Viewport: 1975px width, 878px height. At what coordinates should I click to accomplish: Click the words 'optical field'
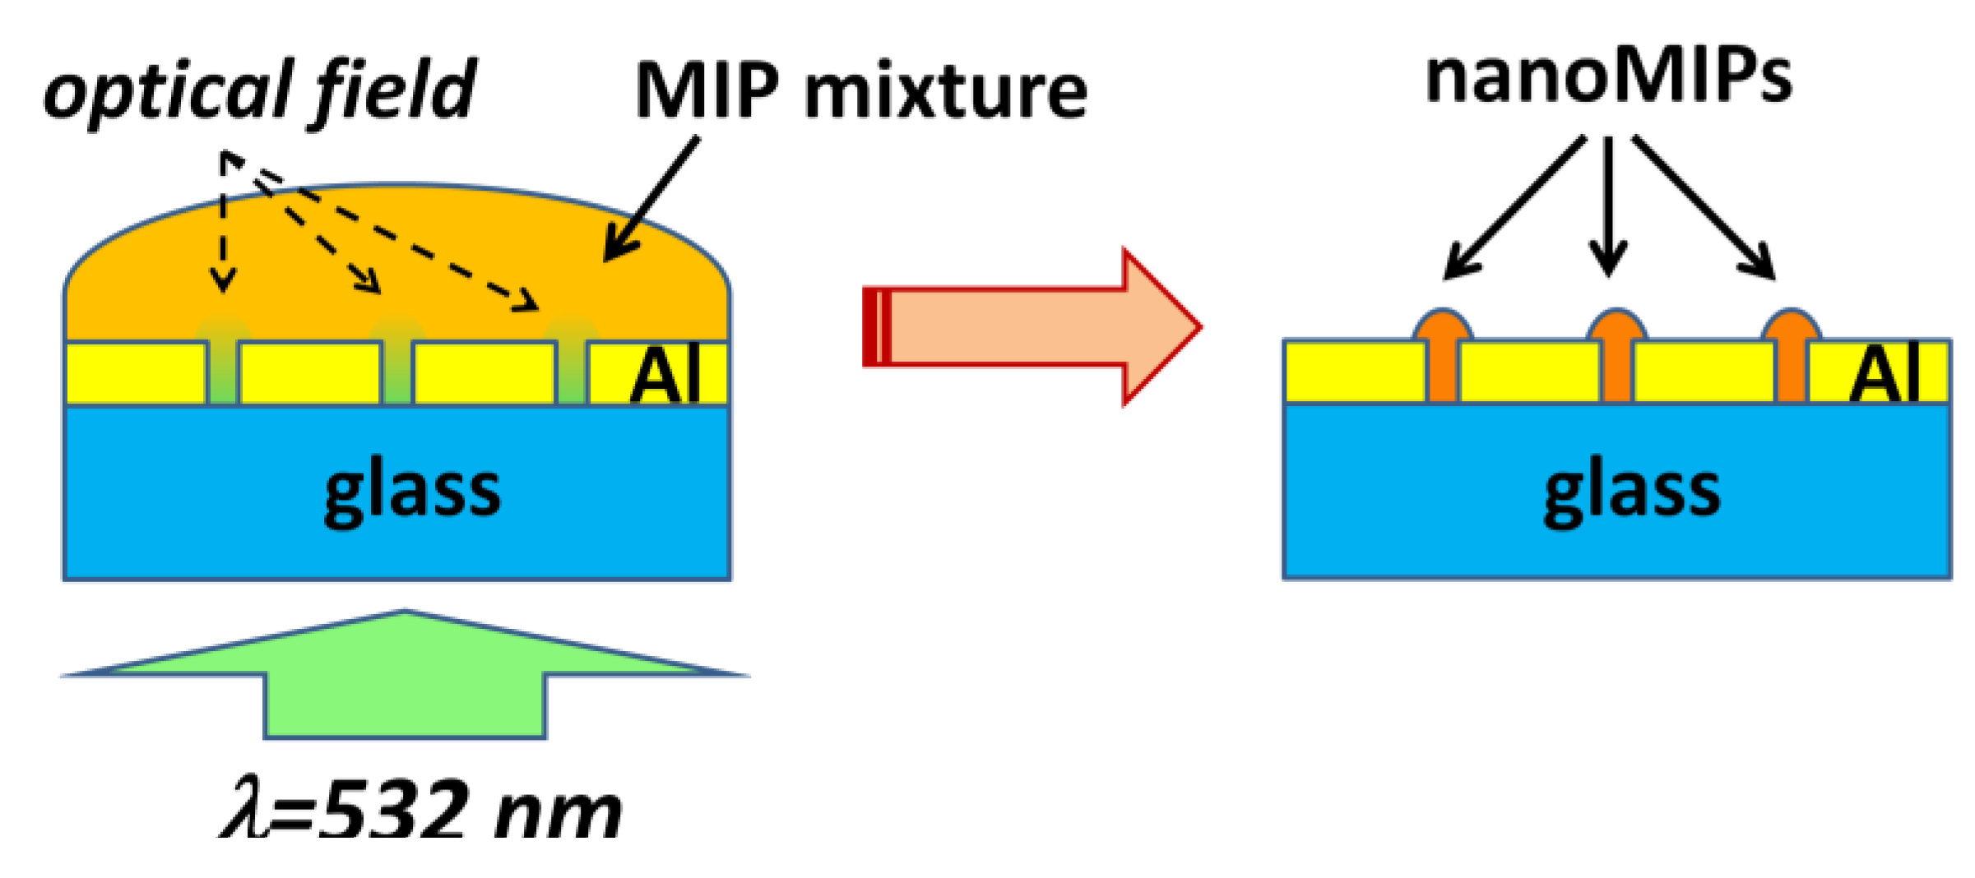260,90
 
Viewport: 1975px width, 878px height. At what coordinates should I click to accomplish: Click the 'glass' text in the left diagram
412,492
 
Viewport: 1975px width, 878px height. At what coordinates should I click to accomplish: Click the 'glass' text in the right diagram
1632,492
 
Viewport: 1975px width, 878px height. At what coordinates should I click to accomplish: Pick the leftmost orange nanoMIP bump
1443,354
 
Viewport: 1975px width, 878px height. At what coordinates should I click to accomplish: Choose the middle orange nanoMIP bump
1616,354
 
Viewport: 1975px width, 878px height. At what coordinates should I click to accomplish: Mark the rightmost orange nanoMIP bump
1792,354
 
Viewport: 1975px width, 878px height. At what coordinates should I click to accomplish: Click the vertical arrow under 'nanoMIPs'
1608,206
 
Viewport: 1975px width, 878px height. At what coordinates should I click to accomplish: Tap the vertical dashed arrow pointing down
222,222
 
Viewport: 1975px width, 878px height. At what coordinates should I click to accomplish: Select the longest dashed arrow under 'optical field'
395,238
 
